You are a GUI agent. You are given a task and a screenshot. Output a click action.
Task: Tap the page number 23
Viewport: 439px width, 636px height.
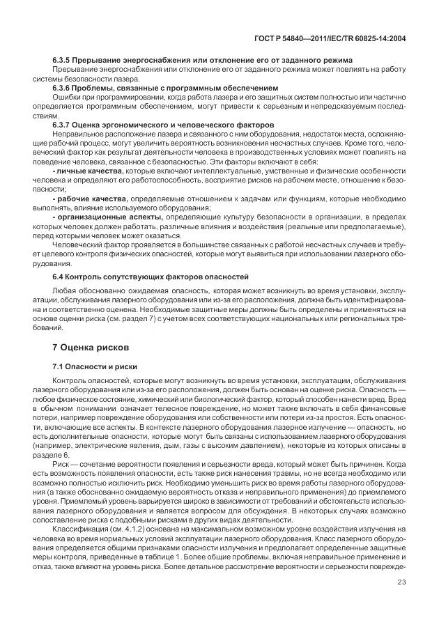[401, 583]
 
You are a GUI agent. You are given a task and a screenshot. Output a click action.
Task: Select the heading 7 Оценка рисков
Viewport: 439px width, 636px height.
[92, 346]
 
